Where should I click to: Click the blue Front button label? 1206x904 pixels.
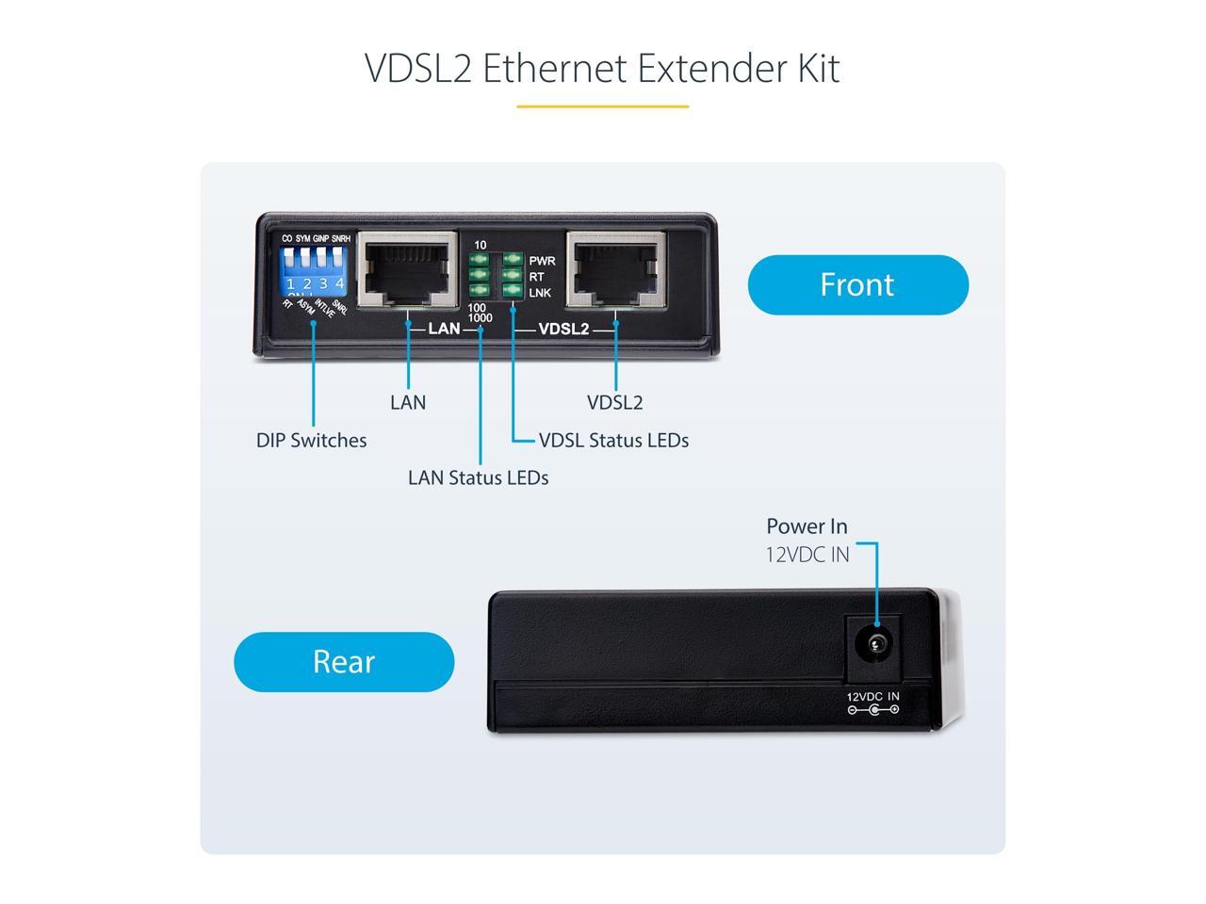point(857,284)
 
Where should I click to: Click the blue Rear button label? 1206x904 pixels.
point(344,662)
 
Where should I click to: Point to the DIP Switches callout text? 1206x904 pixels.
point(311,441)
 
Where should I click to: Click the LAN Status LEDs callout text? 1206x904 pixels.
point(478,478)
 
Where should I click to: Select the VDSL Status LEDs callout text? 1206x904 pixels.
point(613,441)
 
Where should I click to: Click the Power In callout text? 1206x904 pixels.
point(807,526)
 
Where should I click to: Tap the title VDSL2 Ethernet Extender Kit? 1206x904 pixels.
point(602,69)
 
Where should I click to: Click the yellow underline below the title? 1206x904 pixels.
point(602,106)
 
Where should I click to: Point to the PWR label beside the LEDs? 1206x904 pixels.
point(542,261)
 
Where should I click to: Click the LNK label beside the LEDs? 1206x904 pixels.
point(540,294)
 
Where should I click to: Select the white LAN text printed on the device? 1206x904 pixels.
point(444,329)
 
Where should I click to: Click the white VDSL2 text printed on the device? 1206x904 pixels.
point(562,329)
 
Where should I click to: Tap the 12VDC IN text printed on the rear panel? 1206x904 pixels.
point(872,697)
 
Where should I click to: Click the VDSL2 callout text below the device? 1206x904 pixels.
point(615,403)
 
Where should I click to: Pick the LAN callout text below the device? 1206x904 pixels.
point(408,403)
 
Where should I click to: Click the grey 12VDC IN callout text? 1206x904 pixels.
point(807,555)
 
